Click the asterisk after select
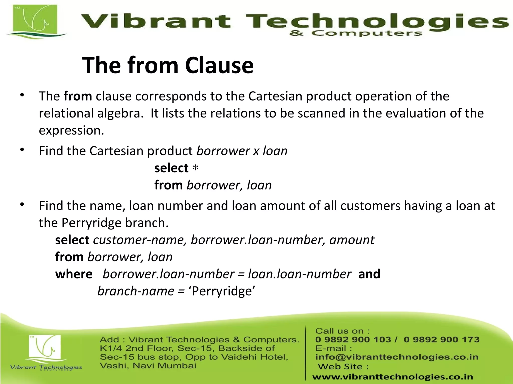pos(195,168)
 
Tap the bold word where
pos(74,274)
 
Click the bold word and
pos(369,274)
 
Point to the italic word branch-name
pos(136,291)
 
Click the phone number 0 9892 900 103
pos(353,339)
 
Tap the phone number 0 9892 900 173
pos(442,339)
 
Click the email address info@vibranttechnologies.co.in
pos(397,357)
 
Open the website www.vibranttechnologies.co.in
pos(393,377)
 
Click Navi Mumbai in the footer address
pos(164,366)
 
